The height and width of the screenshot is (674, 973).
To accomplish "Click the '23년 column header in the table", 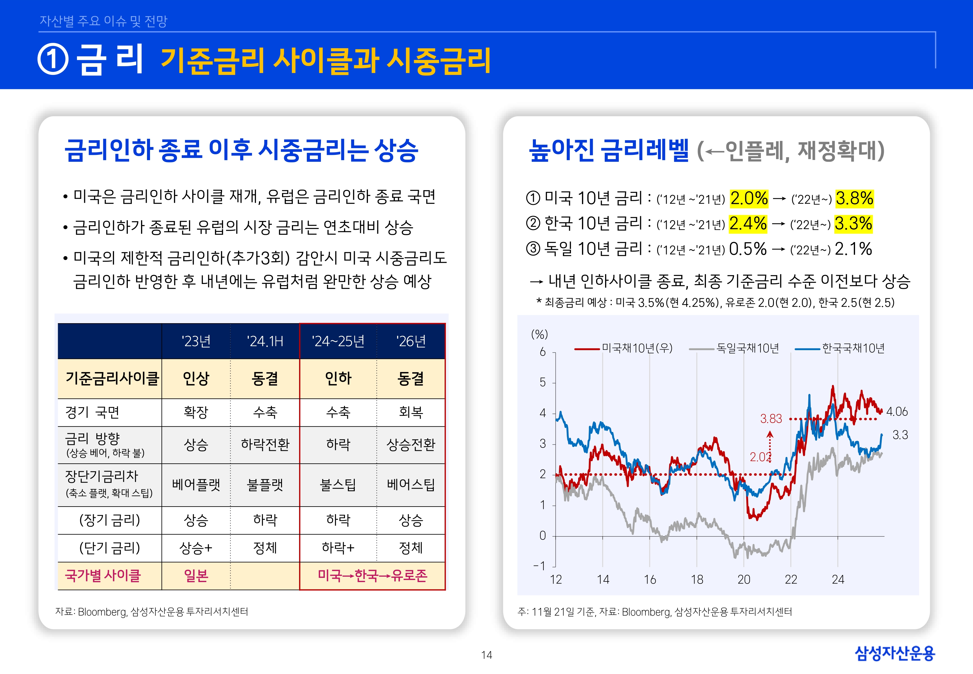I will pyautogui.click(x=196, y=341).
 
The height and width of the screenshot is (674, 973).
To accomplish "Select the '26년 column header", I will pyautogui.click(x=410, y=341).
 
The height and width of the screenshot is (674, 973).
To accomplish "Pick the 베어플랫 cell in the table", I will pyautogui.click(x=196, y=485).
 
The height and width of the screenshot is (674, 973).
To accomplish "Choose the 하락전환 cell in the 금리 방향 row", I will pyautogui.click(x=265, y=444).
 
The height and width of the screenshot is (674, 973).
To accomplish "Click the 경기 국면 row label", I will pyautogui.click(x=93, y=412).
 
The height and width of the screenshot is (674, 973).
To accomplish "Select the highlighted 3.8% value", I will pyautogui.click(x=854, y=198).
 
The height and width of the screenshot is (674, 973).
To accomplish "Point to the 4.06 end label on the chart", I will pyautogui.click(x=897, y=412).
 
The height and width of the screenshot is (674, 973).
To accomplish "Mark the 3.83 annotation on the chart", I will pyautogui.click(x=771, y=419).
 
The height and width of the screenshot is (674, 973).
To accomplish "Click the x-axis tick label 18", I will pyautogui.click(x=697, y=579).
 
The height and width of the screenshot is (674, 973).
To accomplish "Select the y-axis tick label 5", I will pyautogui.click(x=542, y=383).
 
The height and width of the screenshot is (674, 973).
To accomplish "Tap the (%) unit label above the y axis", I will pyautogui.click(x=539, y=335).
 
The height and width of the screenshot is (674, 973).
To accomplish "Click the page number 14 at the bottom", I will pyautogui.click(x=486, y=655).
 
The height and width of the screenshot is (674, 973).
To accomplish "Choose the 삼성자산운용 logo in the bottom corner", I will pyautogui.click(x=895, y=653).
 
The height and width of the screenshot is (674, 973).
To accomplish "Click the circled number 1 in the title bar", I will pyautogui.click(x=53, y=60).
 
